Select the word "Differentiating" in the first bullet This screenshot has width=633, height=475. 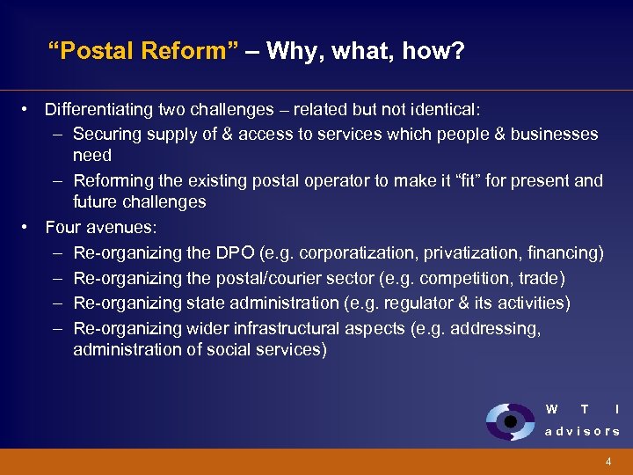click(x=99, y=110)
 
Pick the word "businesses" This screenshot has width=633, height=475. click(x=554, y=134)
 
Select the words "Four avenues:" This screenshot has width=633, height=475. click(x=101, y=228)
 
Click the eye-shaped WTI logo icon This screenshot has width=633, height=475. click(x=509, y=421)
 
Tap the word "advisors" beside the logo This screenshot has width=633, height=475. click(x=582, y=431)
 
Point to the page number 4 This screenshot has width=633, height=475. click(x=608, y=462)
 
